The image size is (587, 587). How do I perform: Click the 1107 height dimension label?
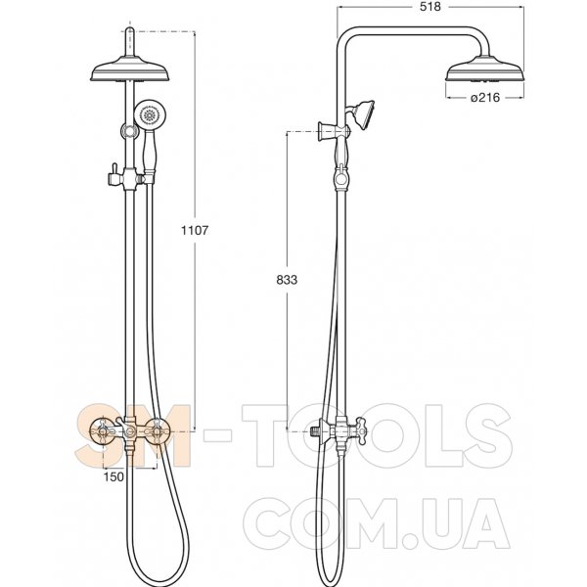195,230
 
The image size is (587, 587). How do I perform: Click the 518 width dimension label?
429,7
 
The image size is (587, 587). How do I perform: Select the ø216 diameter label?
485,97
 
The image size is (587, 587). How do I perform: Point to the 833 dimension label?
287,280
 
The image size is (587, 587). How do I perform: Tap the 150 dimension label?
113,477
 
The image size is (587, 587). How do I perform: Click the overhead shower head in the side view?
485,68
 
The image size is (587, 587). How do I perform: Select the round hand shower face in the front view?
150,113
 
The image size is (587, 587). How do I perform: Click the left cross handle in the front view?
102,432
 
